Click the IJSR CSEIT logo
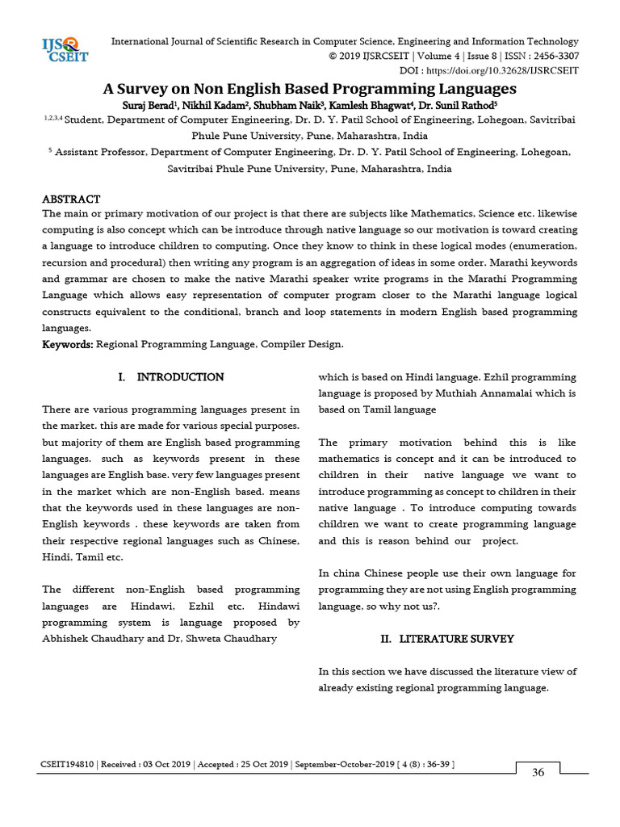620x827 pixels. pos(65,49)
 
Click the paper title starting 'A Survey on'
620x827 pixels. pos(309,88)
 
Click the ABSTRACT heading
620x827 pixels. pos(71,199)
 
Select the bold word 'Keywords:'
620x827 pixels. pos(68,345)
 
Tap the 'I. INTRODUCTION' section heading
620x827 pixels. pos(171,377)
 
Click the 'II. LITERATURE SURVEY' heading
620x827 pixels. pos(447,639)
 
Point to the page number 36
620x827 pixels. pos(538,772)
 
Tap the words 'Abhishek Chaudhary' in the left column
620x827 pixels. pos(89,639)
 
